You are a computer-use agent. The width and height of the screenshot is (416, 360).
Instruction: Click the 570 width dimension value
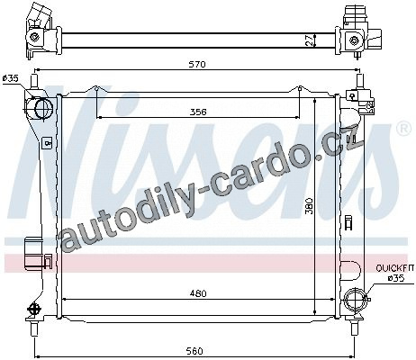pos(198,64)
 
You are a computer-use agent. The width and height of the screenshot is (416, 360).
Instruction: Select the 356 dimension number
pos(198,112)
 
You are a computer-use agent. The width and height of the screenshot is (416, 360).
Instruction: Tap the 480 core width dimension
pos(198,293)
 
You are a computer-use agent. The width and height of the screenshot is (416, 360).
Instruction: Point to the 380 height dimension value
pos(310,205)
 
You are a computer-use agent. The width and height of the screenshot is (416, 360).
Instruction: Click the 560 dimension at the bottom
pos(194,351)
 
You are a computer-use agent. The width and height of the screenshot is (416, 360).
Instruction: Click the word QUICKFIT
pos(395,268)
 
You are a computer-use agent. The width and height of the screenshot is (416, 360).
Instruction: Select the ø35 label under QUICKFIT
pos(396,278)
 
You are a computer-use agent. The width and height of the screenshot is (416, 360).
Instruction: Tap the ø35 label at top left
pos(10,78)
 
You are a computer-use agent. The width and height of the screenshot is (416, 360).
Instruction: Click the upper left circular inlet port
pos(44,108)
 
